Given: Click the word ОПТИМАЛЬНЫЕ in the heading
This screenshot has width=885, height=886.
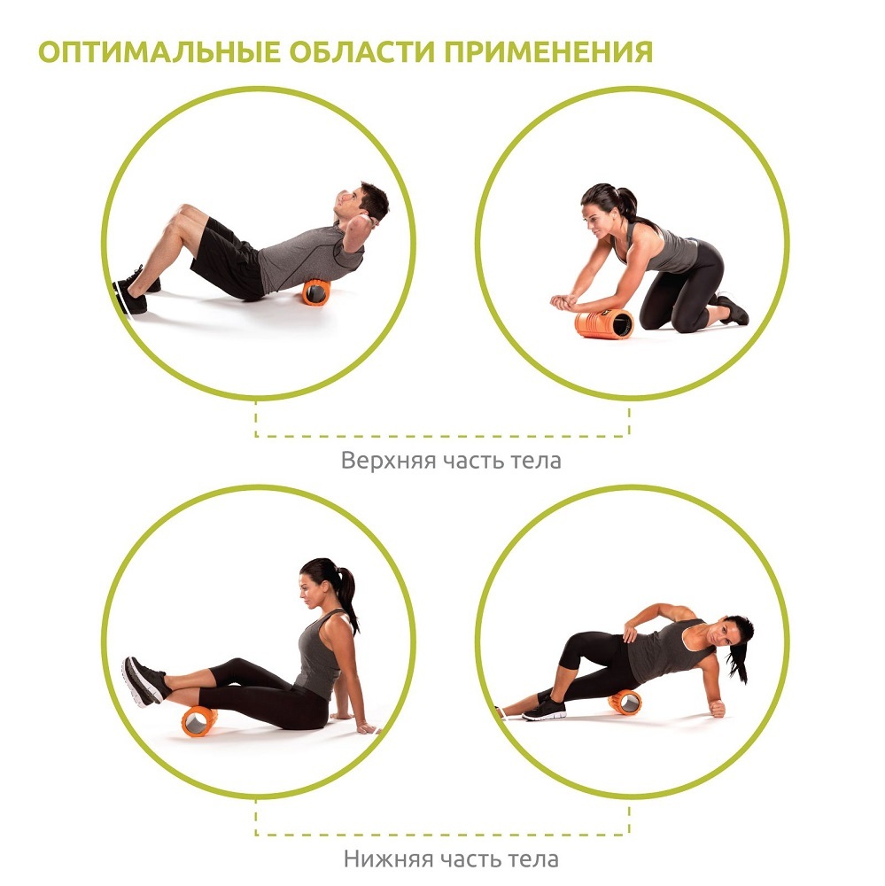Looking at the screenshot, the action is coord(159,51).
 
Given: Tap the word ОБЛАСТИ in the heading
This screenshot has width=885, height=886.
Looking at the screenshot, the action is coord(362,51).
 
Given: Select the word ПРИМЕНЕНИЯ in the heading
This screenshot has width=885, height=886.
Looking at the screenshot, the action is coord(548,51).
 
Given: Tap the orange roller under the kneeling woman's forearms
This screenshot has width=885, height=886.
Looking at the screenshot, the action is coord(603,323).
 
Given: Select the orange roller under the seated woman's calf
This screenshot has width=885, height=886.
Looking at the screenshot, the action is coord(199,721).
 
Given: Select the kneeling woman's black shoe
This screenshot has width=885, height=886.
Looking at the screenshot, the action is coord(733,309).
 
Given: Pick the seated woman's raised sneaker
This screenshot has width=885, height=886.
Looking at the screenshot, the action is coord(144,681).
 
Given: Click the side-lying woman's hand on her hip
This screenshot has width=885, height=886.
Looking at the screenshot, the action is coord(630,633).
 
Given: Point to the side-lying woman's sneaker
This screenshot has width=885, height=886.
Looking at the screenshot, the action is coord(544,709).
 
